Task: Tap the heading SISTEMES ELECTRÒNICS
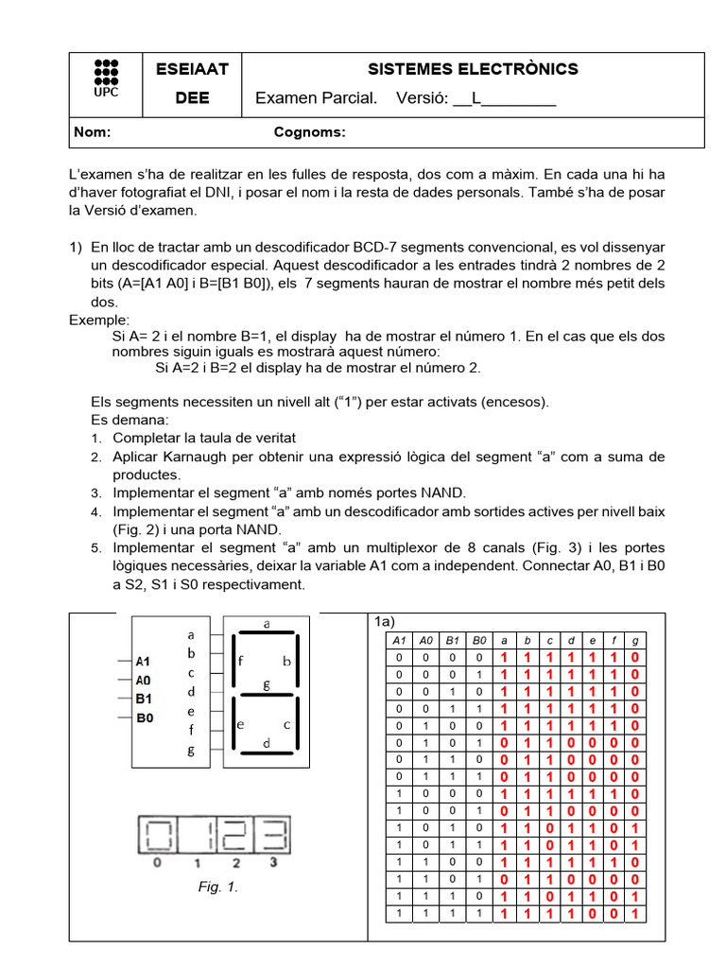(473, 69)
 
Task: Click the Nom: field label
(93, 132)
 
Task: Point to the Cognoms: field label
(309, 132)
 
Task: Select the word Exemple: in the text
(99, 320)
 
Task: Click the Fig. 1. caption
(218, 887)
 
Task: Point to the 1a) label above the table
(383, 621)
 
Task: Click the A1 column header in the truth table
(398, 640)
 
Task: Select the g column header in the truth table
(635, 640)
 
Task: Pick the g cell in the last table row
(635, 914)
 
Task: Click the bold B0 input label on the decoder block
(145, 718)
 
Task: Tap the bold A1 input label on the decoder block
(145, 662)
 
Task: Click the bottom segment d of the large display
(267, 755)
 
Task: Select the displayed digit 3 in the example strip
(274, 837)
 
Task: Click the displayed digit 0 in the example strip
(157, 837)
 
